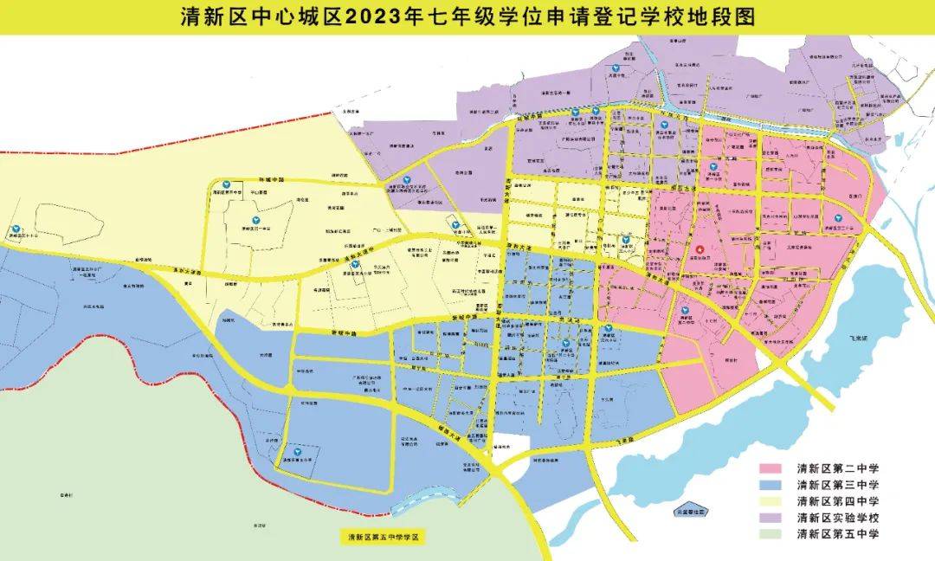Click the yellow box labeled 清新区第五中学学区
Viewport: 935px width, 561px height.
(x=383, y=538)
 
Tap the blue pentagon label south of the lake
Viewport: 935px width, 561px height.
(x=690, y=512)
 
